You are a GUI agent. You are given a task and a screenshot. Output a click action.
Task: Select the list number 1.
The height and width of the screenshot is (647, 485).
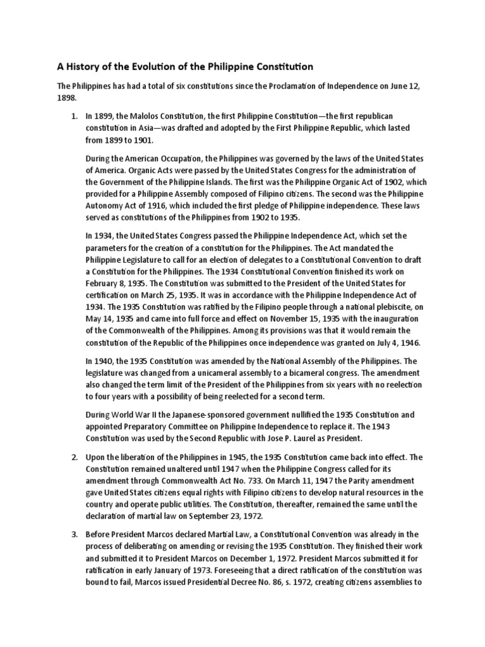pos(73,117)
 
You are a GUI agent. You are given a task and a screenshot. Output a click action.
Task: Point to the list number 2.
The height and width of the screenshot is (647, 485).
pos(73,457)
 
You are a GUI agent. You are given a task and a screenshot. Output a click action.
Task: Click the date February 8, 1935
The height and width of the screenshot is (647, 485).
pos(117,284)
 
